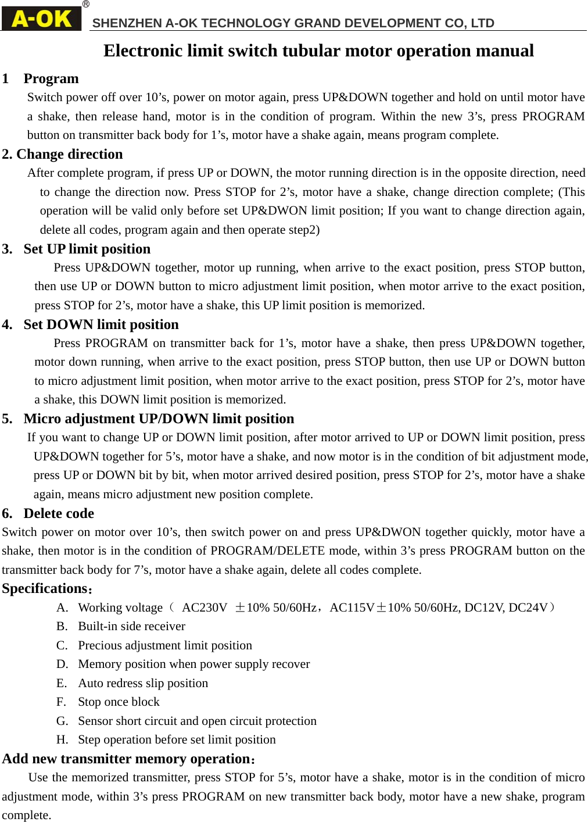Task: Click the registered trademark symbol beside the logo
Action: [86, 5]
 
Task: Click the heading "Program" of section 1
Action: [51, 78]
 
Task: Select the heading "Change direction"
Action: [70, 154]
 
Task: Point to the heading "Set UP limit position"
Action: [87, 249]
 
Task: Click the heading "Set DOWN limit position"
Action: [101, 324]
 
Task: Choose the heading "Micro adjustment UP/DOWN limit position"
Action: [159, 419]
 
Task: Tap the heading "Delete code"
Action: [59, 513]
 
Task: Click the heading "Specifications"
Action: [45, 588]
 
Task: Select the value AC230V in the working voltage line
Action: [205, 607]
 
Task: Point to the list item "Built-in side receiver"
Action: [131, 626]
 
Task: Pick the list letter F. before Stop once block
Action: [61, 702]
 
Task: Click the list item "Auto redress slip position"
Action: [143, 683]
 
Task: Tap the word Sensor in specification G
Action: [95, 721]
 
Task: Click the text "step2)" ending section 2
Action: [304, 230]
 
